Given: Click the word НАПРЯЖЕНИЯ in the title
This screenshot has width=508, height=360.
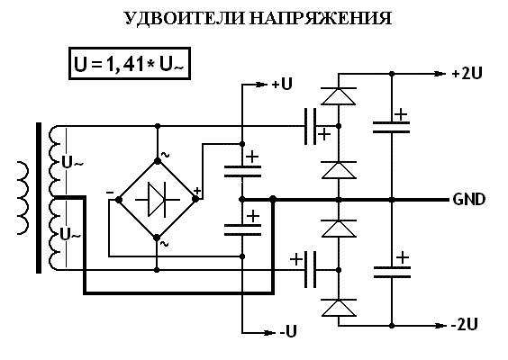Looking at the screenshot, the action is click(321, 18).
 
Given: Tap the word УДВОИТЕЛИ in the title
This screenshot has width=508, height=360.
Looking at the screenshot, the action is click(185, 19).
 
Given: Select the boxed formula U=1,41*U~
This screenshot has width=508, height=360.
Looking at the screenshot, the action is click(130, 64).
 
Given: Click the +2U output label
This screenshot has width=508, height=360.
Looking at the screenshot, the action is click(467, 74).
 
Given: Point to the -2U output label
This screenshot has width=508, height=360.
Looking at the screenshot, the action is click(465, 324).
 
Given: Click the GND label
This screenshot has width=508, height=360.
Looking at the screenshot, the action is click(469, 200).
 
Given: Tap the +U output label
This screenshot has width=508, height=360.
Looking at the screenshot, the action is click(282, 85).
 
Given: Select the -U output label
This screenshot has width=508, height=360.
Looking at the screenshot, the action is click(287, 331).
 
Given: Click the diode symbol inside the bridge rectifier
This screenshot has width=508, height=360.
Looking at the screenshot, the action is click(157, 200).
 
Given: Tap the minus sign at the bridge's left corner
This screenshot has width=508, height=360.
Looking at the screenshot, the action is click(110, 193).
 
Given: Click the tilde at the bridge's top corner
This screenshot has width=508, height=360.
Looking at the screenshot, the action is click(165, 155).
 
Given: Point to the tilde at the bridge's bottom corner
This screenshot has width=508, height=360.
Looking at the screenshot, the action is click(165, 244).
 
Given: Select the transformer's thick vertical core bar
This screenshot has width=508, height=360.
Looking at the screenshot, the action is click(39, 198).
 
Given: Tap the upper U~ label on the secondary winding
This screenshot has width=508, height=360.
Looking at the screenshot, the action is click(72, 163).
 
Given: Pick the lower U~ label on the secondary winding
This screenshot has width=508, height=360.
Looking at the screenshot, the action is click(70, 234).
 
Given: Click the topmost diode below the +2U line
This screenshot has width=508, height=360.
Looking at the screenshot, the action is click(339, 96).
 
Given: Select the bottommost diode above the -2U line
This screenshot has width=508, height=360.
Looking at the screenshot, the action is click(339, 308).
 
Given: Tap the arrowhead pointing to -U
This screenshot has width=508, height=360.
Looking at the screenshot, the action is click(268, 332).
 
